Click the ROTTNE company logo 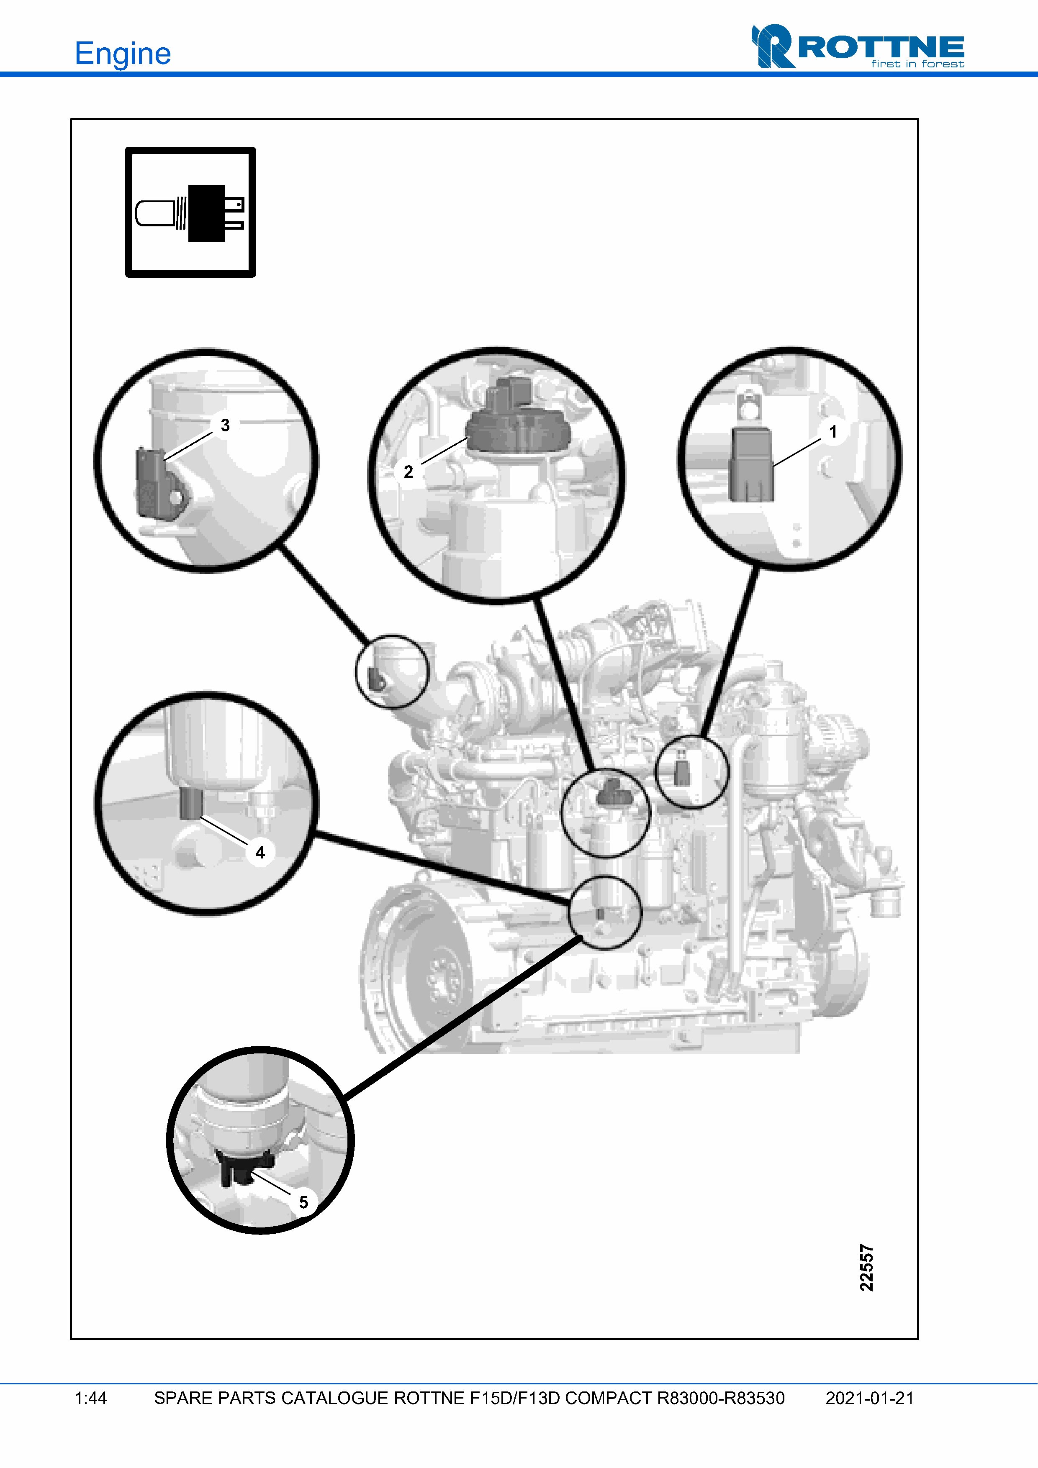pyautogui.click(x=858, y=46)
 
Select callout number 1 pyautogui.click(x=833, y=432)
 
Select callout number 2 pyautogui.click(x=408, y=472)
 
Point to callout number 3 pyautogui.click(x=225, y=425)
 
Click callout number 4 pyautogui.click(x=259, y=852)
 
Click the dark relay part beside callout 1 pyautogui.click(x=751, y=464)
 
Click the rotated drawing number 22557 pyautogui.click(x=866, y=1268)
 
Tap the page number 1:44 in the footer pyautogui.click(x=91, y=1398)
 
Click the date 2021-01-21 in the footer pyautogui.click(x=870, y=1398)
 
